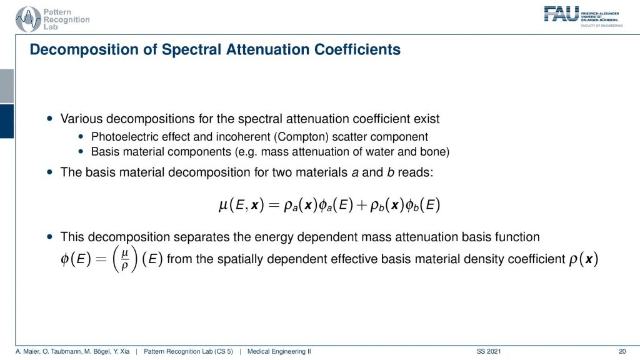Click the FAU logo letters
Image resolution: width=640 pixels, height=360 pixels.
click(561, 14)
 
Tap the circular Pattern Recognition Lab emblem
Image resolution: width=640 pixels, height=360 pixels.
click(28, 19)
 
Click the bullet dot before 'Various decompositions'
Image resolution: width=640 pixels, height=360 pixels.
click(50, 119)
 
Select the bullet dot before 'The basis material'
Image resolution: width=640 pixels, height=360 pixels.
click(50, 172)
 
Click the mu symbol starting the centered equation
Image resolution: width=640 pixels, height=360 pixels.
click(223, 205)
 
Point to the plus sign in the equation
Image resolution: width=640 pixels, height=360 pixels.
click(362, 205)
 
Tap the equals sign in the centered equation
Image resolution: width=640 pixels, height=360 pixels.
click(274, 205)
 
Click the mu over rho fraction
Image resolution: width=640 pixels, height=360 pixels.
click(125, 259)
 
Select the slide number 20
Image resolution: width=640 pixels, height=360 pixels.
click(622, 351)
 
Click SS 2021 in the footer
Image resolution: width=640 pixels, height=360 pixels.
click(489, 351)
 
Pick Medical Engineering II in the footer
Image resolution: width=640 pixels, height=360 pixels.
click(279, 351)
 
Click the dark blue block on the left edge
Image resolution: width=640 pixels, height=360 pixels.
click(7, 121)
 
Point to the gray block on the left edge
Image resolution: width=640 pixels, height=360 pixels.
click(7, 86)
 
